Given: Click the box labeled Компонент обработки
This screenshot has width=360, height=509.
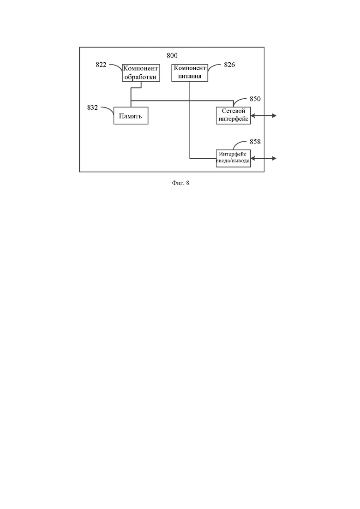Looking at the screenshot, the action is click(141, 73).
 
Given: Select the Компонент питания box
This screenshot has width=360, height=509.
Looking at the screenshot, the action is click(190, 73).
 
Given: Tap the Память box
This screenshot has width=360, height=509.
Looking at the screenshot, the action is click(131, 115).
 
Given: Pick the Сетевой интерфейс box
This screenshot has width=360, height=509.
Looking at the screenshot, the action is click(234, 115).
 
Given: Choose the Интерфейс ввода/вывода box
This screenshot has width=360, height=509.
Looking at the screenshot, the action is click(234, 158).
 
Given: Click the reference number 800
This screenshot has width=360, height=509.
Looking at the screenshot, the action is click(172, 55).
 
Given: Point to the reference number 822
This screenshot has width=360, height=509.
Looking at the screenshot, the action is click(101, 65).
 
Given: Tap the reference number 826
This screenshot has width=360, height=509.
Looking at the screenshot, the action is click(229, 65).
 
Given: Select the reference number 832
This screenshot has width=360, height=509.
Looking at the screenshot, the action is click(92, 108).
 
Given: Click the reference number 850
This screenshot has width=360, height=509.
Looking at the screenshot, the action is click(255, 99).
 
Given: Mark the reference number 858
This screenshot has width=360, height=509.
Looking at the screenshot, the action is click(255, 142).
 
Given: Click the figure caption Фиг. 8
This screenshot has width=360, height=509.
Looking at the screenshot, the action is click(180, 183).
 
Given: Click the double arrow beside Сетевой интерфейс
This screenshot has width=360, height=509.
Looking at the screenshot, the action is click(264, 115).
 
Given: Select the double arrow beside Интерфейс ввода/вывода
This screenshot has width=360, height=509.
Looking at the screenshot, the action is click(264, 158).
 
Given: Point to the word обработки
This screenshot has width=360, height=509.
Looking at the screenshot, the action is click(141, 77).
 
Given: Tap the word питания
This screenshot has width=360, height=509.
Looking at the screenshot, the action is click(190, 76).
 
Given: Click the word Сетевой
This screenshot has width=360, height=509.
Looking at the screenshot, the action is click(234, 111).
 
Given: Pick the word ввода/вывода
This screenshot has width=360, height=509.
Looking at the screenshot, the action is click(233, 161).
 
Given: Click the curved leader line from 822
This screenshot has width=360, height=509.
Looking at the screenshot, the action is click(116, 66).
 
